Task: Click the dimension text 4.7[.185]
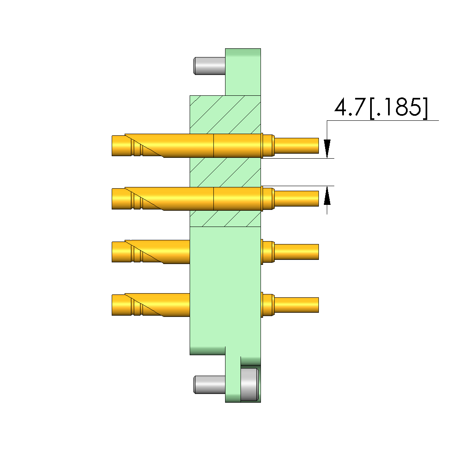pyautogui.click(x=381, y=108)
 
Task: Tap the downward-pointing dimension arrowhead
pyautogui.click(x=327, y=149)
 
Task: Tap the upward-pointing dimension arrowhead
pyautogui.click(x=327, y=196)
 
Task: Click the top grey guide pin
pyautogui.click(x=210, y=66)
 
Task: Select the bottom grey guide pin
pyautogui.click(x=210, y=384)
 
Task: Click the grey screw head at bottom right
pyautogui.click(x=250, y=384)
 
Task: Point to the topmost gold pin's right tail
pyautogui.click(x=297, y=145)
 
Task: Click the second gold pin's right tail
pyautogui.click(x=297, y=199)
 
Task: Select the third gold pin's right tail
pyautogui.click(x=297, y=252)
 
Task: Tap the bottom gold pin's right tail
pyautogui.click(x=297, y=305)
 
